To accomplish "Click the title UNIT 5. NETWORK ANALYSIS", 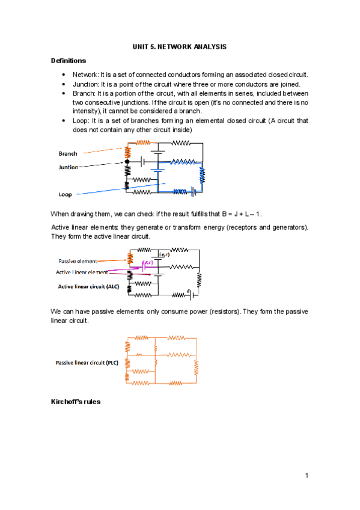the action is (179, 47).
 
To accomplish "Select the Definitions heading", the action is (69, 61).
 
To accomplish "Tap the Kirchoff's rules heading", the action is (75, 402).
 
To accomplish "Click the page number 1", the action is (307, 476).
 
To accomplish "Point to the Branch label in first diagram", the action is (68, 153).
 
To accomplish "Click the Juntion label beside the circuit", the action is (69, 167).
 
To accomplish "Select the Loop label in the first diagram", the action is (65, 194).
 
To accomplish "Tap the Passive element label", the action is (78, 261).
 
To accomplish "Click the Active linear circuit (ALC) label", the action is (88, 286).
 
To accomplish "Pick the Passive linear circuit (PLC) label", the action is (87, 363).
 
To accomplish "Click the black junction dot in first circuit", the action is (127, 162).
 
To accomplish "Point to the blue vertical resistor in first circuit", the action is (202, 176).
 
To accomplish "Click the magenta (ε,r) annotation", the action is (147, 262).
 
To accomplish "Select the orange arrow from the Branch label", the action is (103, 151).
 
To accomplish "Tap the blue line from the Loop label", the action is (121, 189).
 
